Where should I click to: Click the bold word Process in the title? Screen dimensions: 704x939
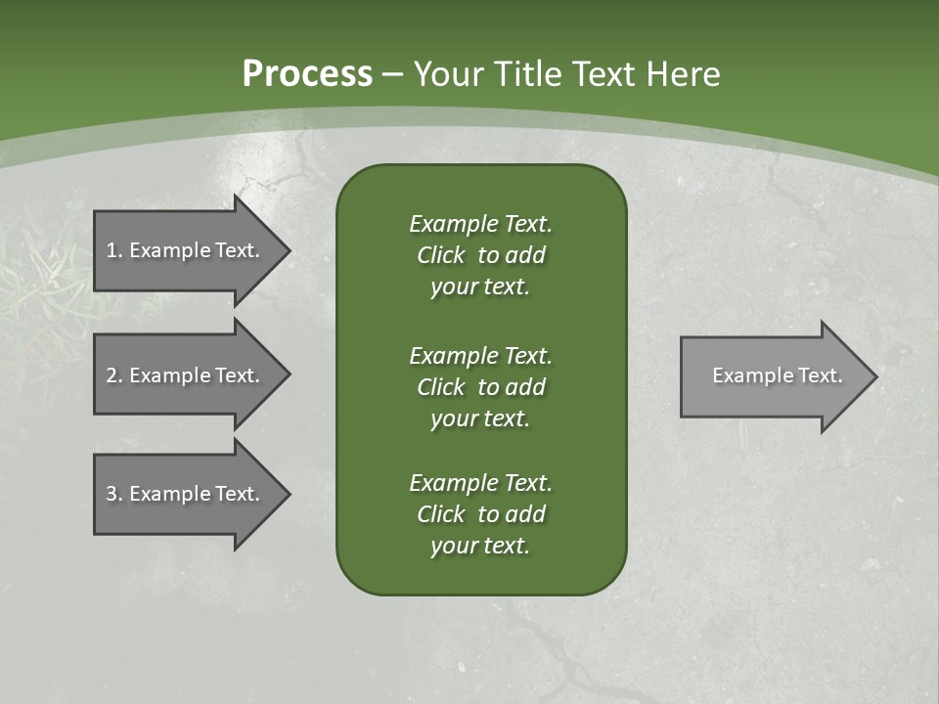coord(307,74)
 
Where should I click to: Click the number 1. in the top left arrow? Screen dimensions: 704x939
coord(114,250)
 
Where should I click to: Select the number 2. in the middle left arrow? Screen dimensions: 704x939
coord(114,375)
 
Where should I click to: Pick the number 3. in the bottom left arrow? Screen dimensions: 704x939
coord(114,494)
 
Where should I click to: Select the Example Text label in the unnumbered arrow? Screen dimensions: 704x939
coord(777,375)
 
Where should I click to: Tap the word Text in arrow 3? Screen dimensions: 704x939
coord(238,494)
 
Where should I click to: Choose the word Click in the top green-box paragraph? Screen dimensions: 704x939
coord(440,255)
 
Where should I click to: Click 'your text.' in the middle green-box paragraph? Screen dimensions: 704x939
coord(479,418)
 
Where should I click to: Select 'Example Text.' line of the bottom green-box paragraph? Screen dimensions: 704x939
coord(480,483)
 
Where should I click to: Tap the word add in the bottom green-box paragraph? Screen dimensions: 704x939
coord(525,514)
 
